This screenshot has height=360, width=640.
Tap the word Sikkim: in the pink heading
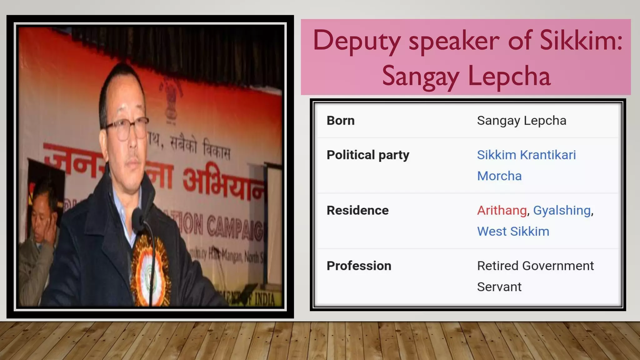click(x=581, y=41)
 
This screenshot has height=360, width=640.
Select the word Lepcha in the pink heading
click(x=509, y=77)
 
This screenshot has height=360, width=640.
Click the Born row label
click(x=341, y=121)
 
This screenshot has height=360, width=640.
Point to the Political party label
click(x=368, y=155)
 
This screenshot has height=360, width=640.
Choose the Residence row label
click(x=357, y=210)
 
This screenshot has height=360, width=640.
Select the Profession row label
click(x=359, y=266)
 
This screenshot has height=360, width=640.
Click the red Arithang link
click(x=502, y=210)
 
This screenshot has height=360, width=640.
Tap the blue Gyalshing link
click(x=562, y=210)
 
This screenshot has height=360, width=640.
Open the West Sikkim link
click(x=513, y=232)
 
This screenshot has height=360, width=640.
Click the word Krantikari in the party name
click(x=548, y=155)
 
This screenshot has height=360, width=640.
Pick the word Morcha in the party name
click(x=499, y=176)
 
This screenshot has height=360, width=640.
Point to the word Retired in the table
click(x=498, y=266)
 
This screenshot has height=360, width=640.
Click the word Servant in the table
click(x=499, y=287)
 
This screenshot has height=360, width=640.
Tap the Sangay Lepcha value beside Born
click(x=522, y=121)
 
